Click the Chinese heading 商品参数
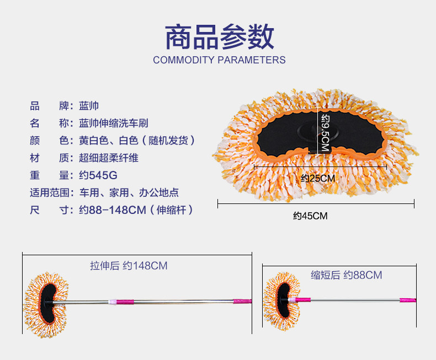click(219, 37)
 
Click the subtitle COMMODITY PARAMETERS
click(219, 60)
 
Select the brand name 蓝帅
click(89, 105)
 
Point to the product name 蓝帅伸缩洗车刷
click(113, 123)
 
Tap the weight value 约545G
click(98, 175)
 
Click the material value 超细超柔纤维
click(108, 158)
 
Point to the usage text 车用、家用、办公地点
click(129, 193)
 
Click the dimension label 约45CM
click(310, 216)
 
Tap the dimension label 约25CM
click(318, 178)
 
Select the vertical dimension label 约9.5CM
click(325, 133)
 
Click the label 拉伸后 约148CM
click(129, 266)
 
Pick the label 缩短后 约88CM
click(347, 275)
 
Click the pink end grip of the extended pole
click(243, 302)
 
